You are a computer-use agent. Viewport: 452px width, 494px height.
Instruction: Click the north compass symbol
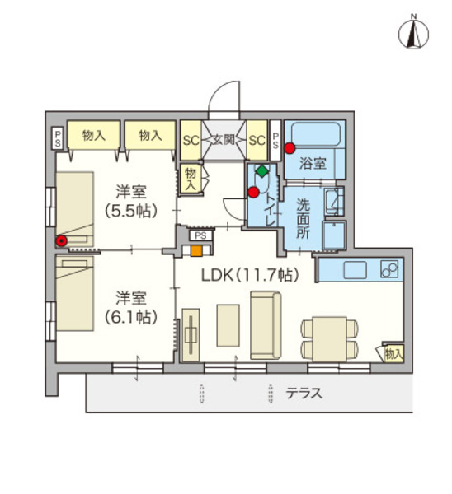click(x=414, y=32)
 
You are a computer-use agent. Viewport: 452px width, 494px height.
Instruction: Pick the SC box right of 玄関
click(x=256, y=141)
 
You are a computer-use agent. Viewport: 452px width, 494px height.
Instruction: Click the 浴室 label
click(x=313, y=163)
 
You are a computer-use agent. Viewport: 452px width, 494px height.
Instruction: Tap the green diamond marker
click(x=261, y=171)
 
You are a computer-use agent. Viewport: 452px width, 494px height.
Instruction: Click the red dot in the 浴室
click(x=290, y=148)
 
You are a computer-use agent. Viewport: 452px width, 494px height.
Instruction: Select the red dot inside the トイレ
click(x=253, y=193)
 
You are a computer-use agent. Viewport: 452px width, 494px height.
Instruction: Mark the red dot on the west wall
click(x=60, y=241)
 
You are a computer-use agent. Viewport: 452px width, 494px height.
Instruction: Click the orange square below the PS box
click(x=197, y=251)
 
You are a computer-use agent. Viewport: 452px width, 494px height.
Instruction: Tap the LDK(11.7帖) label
click(x=246, y=273)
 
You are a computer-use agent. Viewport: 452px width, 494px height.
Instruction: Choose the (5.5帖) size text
click(x=130, y=210)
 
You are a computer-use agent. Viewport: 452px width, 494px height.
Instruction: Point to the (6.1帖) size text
click(x=130, y=315)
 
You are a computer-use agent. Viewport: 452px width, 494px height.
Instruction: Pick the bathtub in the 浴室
click(x=314, y=136)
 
